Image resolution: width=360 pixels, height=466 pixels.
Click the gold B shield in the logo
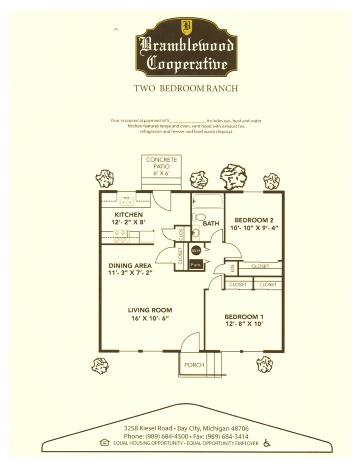[x=186, y=28]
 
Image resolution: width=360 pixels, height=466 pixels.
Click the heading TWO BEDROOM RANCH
[x=186, y=89]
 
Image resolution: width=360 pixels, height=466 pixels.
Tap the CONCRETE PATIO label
[x=162, y=163]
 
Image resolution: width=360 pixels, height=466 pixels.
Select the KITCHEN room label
[x=129, y=215]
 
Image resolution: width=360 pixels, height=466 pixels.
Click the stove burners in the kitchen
[x=121, y=236]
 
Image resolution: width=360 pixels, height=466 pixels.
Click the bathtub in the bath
[x=208, y=201]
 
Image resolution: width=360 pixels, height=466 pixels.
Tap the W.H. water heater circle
[x=196, y=251]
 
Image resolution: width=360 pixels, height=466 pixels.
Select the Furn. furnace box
[x=196, y=264]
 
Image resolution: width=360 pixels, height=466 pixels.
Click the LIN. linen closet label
[x=232, y=267]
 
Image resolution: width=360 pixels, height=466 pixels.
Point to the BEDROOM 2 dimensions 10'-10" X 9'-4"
[x=254, y=228]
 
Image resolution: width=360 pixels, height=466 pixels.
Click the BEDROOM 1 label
[x=244, y=317]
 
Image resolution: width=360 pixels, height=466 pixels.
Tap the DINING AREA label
[x=130, y=266]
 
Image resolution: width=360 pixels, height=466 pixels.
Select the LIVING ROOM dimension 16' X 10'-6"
[x=150, y=318]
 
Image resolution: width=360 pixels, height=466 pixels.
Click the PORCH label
[x=194, y=365]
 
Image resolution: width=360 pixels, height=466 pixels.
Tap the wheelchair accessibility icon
[x=267, y=443]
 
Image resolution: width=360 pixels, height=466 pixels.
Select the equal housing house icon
[x=105, y=442]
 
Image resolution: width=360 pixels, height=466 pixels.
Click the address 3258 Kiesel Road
[x=148, y=429]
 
